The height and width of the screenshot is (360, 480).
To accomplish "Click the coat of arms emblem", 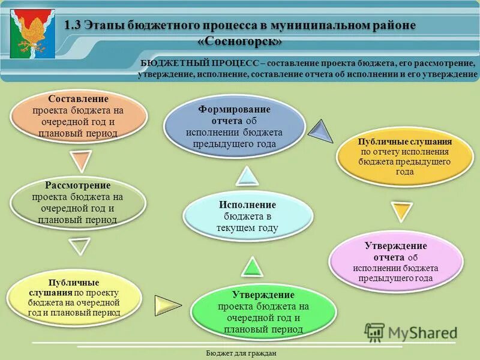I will pyautogui.click(x=33, y=33).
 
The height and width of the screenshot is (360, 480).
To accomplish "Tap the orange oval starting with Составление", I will pyautogui.click(x=79, y=116).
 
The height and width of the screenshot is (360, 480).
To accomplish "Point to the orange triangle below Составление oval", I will pyautogui.click(x=80, y=158).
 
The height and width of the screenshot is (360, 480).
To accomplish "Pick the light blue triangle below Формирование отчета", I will pyautogui.click(x=247, y=175).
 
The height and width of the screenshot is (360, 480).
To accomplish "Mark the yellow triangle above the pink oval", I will pyautogui.click(x=401, y=211).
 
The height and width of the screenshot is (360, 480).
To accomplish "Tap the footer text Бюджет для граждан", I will pyautogui.click(x=240, y=353).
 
